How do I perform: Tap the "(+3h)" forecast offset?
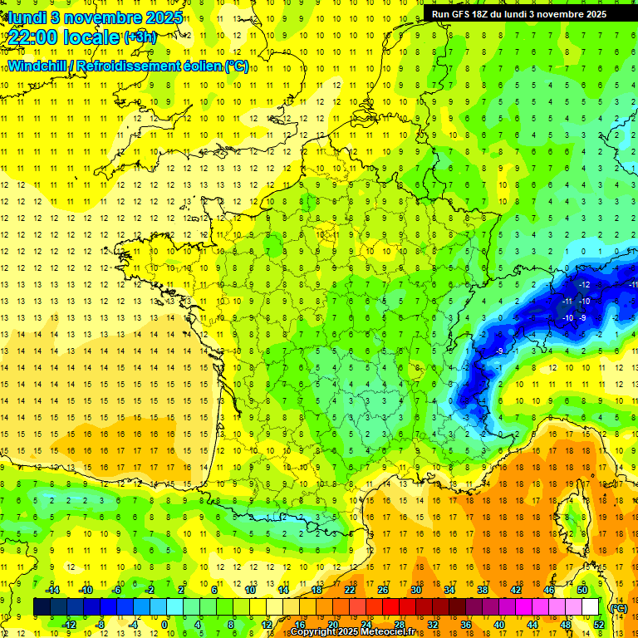pyautogui.click(x=139, y=37)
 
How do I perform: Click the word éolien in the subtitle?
pyautogui.click(x=202, y=66)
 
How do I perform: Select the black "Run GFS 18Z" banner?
pyautogui.click(x=525, y=14)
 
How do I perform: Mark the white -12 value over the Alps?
pyautogui.click(x=584, y=285)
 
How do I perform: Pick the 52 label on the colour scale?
pyautogui.click(x=598, y=624)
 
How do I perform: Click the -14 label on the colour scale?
pyautogui.click(x=54, y=590)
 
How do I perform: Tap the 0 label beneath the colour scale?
pyautogui.click(x=164, y=624)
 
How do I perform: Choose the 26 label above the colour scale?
pyautogui.click(x=382, y=590)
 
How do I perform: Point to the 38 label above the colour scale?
pyautogui.click(x=482, y=590)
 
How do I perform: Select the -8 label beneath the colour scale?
pyautogui.click(x=101, y=624)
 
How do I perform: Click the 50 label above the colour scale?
pyautogui.click(x=582, y=590)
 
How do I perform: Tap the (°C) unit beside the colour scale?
pyautogui.click(x=618, y=607)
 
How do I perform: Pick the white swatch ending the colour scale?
pyautogui.click(x=590, y=607)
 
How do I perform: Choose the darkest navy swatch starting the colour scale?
pyautogui.click(x=42, y=607)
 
